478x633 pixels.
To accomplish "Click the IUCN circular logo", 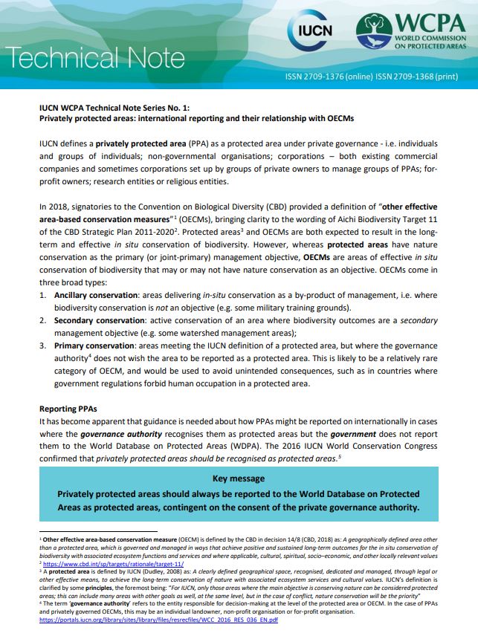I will click(x=310, y=35).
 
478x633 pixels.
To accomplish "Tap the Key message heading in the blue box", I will click(x=238, y=479).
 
